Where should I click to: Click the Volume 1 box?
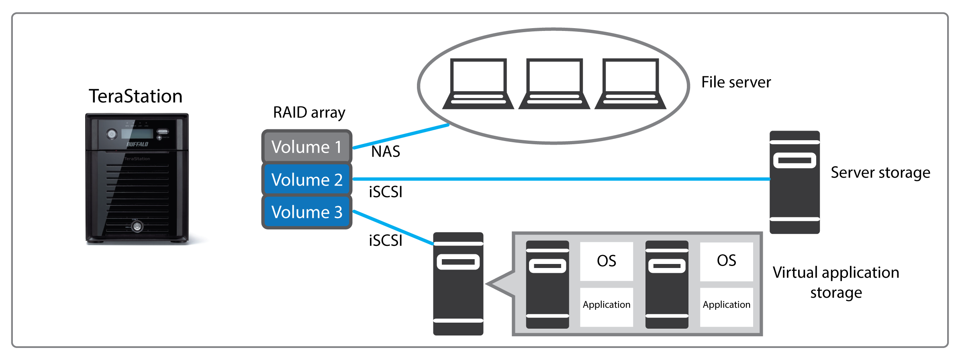pyautogui.click(x=306, y=147)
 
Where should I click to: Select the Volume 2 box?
pyautogui.click(x=306, y=179)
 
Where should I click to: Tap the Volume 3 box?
pyautogui.click(x=306, y=212)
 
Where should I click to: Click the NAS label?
pyautogui.click(x=386, y=151)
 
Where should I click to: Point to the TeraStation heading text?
pyautogui.click(x=135, y=96)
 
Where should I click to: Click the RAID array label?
pyautogui.click(x=309, y=112)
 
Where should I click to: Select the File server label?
pyautogui.click(x=736, y=82)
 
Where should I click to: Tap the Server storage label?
pyautogui.click(x=880, y=172)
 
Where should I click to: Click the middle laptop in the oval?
pyautogui.click(x=554, y=84)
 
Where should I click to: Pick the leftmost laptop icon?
pyautogui.click(x=478, y=84)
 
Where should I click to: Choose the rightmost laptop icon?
pyautogui.click(x=630, y=84)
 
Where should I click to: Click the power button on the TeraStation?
pyautogui.click(x=112, y=134)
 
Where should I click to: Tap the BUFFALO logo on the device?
pyautogui.click(x=137, y=144)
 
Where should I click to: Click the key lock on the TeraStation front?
pyautogui.click(x=137, y=227)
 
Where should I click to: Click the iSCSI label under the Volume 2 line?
pyautogui.click(x=386, y=192)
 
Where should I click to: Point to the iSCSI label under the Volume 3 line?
pyautogui.click(x=386, y=241)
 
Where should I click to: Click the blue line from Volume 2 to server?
pyautogui.click(x=562, y=179)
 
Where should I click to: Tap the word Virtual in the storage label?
pyautogui.click(x=795, y=272)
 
